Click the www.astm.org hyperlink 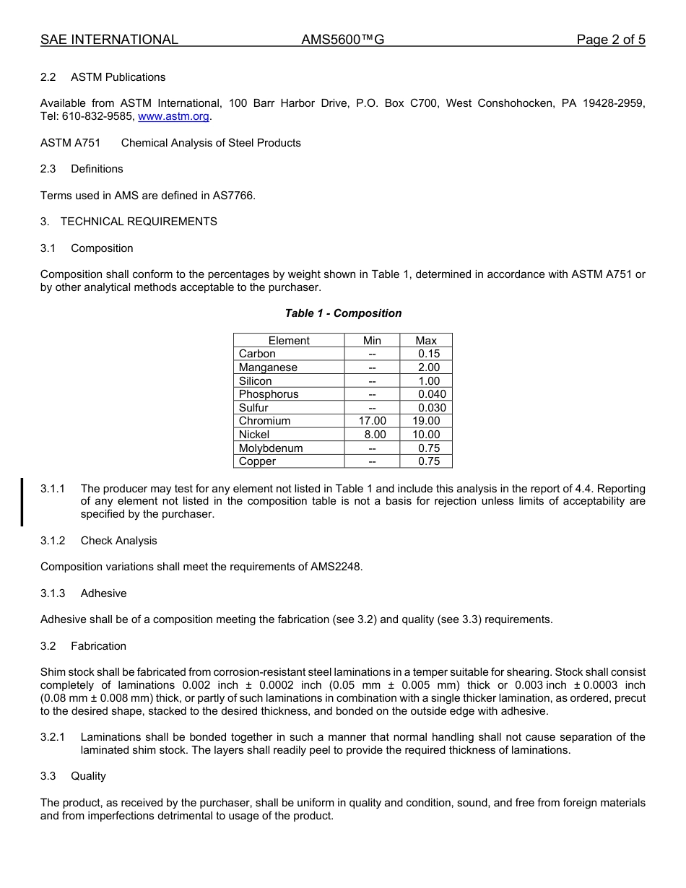[x=173, y=116]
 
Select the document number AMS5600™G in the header [x=342, y=40]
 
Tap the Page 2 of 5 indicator [x=610, y=40]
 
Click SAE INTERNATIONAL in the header [x=109, y=40]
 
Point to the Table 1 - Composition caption [x=343, y=313]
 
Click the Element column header [x=289, y=341]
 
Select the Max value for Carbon [x=429, y=354]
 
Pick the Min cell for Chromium [x=372, y=421]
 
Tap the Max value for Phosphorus [x=432, y=394]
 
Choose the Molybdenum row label [x=271, y=448]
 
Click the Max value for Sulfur [x=432, y=408]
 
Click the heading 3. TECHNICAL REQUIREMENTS [x=129, y=222]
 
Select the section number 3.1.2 [x=53, y=541]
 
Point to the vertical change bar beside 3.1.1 [x=22, y=502]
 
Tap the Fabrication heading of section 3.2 [x=98, y=646]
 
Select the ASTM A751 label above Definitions [x=70, y=143]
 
